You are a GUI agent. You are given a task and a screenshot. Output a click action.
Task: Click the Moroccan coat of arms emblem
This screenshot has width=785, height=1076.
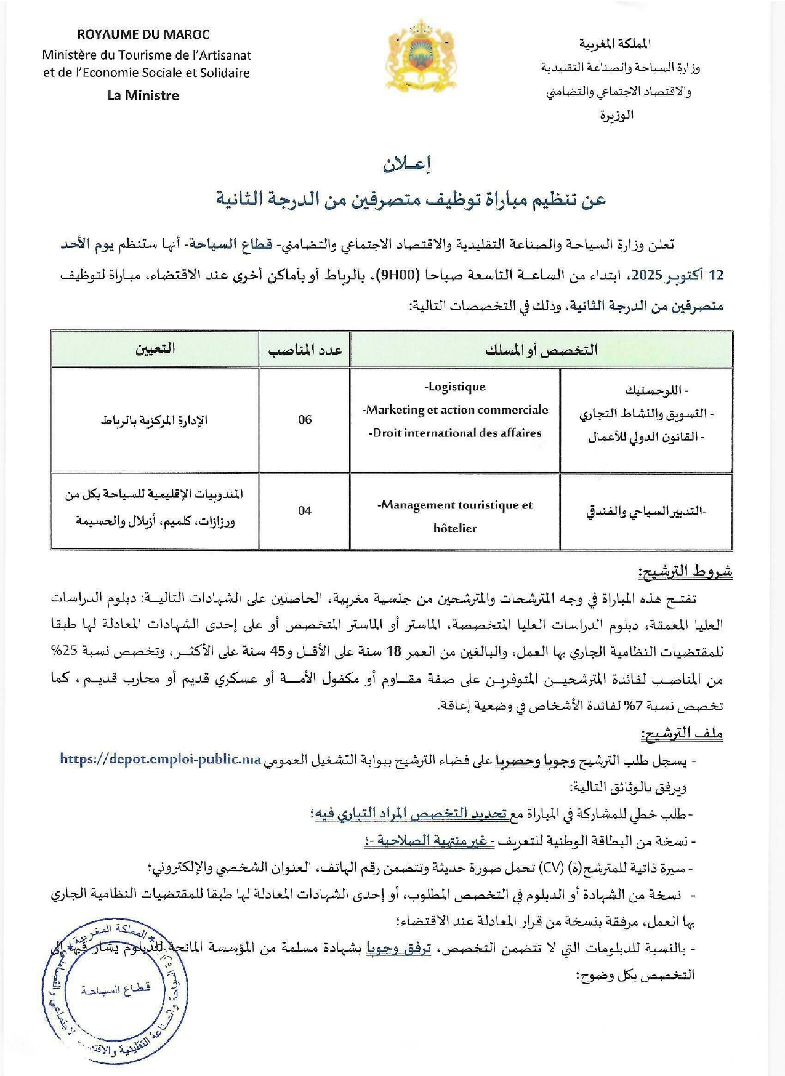[x=420, y=55]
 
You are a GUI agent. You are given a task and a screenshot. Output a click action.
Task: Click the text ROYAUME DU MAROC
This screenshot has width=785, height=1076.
[x=143, y=34]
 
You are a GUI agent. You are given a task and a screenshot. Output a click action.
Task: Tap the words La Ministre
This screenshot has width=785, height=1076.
[x=143, y=95]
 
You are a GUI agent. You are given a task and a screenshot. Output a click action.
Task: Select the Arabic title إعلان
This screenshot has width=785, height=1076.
[x=407, y=164]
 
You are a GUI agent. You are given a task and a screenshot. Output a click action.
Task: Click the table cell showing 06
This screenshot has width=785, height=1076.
[x=305, y=420]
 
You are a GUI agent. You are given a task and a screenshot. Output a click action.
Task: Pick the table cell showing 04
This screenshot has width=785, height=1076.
[x=305, y=510]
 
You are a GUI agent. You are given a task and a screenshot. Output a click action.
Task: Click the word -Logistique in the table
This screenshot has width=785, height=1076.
[x=455, y=387]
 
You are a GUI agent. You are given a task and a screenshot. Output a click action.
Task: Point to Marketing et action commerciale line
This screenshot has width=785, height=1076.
[x=455, y=410]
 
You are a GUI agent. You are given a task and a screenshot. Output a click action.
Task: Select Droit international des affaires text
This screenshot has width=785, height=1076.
[x=455, y=433]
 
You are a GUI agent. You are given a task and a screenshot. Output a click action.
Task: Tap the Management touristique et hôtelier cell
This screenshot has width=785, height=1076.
[x=455, y=516]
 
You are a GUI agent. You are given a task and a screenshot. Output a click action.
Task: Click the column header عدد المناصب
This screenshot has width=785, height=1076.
[x=305, y=350]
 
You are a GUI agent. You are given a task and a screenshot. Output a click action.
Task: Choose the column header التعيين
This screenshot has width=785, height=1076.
[x=155, y=348]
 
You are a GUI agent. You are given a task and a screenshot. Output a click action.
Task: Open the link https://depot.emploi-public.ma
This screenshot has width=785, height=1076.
[x=161, y=759]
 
